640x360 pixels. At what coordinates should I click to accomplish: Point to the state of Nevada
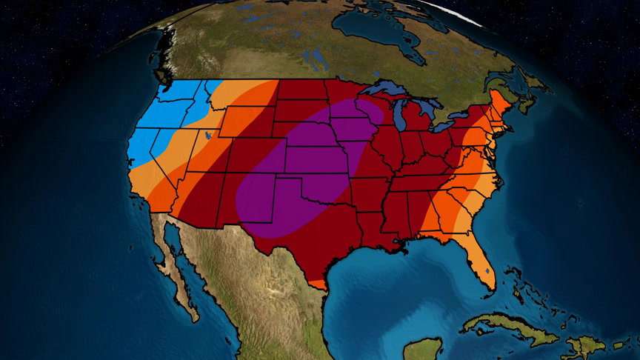point(167,148)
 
